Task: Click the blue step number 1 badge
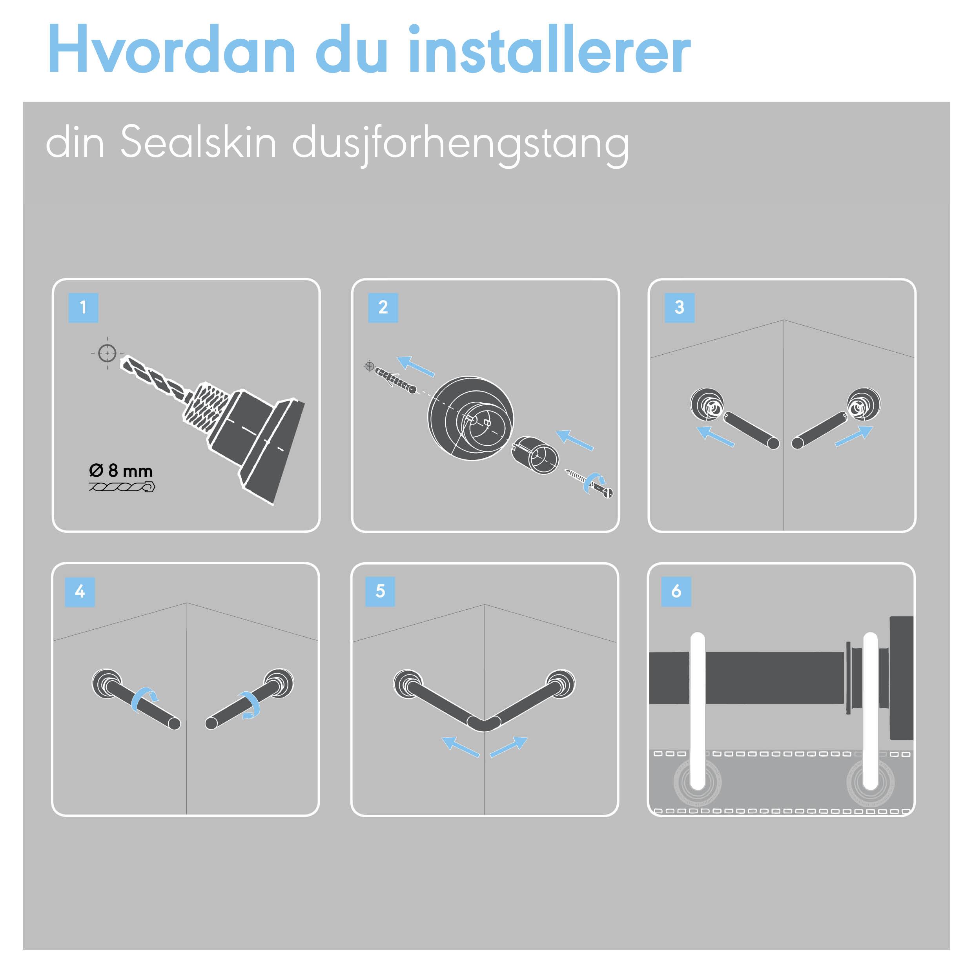pyautogui.click(x=83, y=307)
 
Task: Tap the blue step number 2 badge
pyautogui.click(x=383, y=307)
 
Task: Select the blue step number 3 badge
pyautogui.click(x=680, y=307)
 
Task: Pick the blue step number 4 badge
pyautogui.click(x=80, y=591)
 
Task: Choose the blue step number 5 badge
pyautogui.click(x=380, y=591)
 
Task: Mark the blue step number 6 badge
pyautogui.click(x=676, y=591)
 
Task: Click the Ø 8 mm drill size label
pyautogui.click(x=121, y=471)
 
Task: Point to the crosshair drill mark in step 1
pyautogui.click(x=107, y=353)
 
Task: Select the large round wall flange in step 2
pyautogui.click(x=471, y=417)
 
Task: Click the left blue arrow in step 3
pyautogui.click(x=715, y=436)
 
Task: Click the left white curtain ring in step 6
pyautogui.click(x=698, y=711)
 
